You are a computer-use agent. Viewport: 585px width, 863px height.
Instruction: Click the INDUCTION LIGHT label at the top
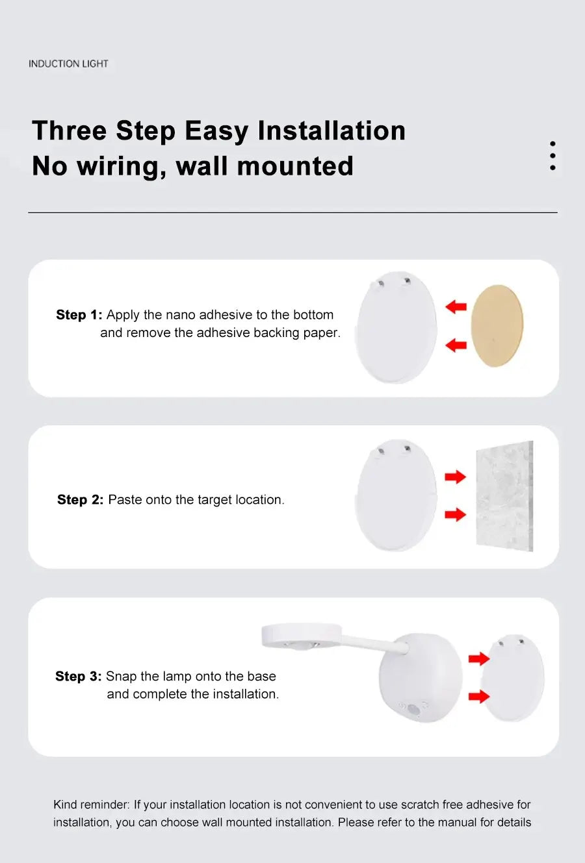pyautogui.click(x=68, y=64)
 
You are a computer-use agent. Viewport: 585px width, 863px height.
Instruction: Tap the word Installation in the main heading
pyautogui.click(x=331, y=131)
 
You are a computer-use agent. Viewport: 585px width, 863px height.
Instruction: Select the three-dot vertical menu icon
pyautogui.click(x=552, y=156)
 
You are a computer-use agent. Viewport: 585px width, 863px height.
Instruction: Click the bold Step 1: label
pyautogui.click(x=79, y=315)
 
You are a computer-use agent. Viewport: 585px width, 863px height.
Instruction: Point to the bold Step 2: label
pyautogui.click(x=80, y=500)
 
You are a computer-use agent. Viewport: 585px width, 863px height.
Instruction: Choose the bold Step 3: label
pyautogui.click(x=78, y=677)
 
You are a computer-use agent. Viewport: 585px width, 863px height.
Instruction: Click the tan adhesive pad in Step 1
pyautogui.click(x=497, y=325)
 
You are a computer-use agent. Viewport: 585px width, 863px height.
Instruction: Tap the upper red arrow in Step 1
pyautogui.click(x=456, y=306)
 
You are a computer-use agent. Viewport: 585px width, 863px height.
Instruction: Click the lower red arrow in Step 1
pyautogui.click(x=456, y=345)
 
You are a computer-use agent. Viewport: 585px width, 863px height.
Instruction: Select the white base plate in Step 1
pyautogui.click(x=396, y=328)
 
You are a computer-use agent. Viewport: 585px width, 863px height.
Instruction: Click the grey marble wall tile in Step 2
pyautogui.click(x=504, y=496)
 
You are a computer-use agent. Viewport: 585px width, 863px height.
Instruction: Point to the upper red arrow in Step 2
pyautogui.click(x=456, y=477)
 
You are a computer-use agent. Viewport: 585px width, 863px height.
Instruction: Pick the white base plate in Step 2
pyautogui.click(x=396, y=497)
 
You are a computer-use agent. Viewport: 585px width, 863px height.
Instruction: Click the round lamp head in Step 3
pyautogui.click(x=301, y=635)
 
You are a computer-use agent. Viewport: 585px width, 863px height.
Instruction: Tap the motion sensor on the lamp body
pyautogui.click(x=413, y=709)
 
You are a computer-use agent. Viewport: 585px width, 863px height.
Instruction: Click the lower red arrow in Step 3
pyautogui.click(x=479, y=697)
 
